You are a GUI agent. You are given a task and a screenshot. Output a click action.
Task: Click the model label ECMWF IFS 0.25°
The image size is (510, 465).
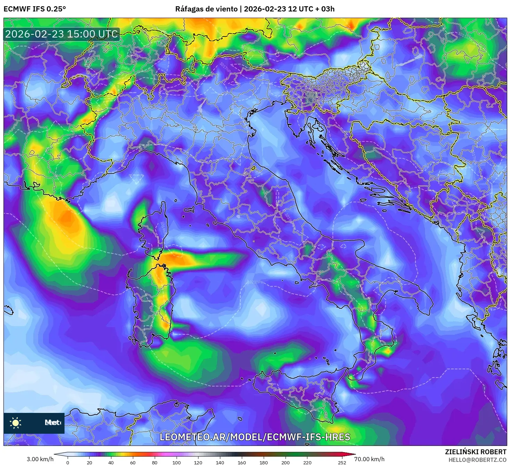point(35,9)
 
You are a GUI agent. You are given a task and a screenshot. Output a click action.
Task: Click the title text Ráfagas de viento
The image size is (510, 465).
point(207,9)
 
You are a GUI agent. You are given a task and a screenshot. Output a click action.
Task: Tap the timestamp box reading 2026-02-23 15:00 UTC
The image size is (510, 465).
point(62,34)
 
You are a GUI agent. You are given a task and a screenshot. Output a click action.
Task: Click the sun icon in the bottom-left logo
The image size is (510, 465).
point(16,423)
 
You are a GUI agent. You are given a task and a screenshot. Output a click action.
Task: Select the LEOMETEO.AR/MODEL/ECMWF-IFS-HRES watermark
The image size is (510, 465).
point(255,437)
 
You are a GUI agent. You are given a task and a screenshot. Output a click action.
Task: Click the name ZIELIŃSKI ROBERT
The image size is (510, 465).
point(475,452)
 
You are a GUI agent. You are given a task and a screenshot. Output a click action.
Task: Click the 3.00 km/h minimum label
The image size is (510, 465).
point(40,459)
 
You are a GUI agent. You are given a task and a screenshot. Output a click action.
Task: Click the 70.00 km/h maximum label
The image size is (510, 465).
point(369,459)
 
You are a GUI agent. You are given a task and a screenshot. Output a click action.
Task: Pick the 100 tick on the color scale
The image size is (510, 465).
point(176,462)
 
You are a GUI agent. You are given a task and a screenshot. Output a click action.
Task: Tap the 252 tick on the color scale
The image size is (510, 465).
point(342,462)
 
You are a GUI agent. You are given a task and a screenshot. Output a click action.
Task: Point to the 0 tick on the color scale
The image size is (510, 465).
point(68,462)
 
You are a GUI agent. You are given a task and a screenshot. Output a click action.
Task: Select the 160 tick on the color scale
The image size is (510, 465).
point(242,462)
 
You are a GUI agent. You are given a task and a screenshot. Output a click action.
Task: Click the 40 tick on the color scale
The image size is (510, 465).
point(111,462)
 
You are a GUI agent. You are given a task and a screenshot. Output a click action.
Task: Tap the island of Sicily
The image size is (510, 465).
point(295,392)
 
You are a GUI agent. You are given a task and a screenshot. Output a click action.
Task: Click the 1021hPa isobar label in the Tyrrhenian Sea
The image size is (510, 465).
point(255,282)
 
